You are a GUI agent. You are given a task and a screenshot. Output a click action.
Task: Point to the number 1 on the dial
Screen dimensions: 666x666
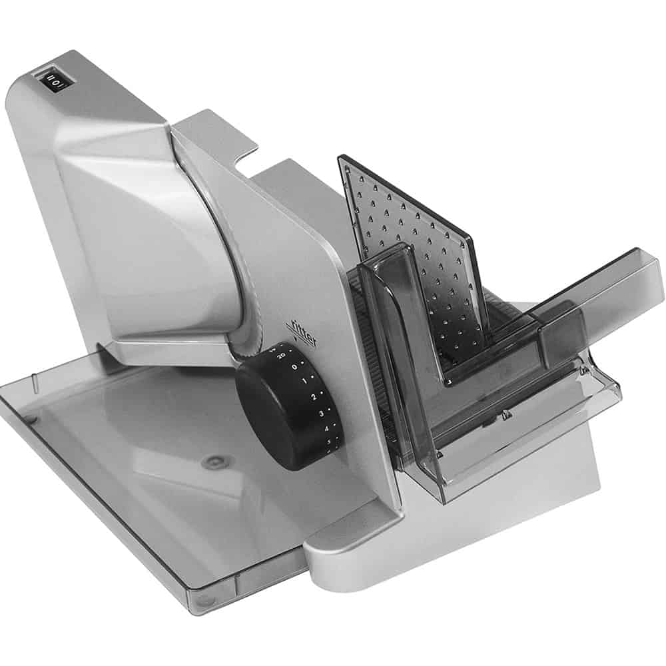304,382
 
